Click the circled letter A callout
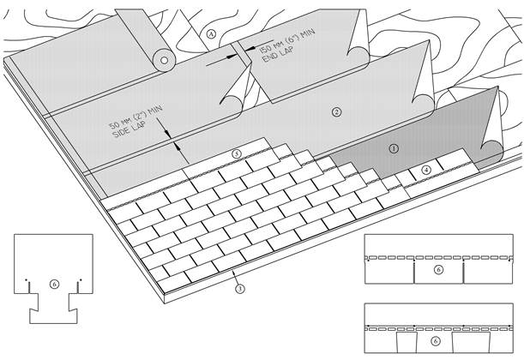click(211, 34)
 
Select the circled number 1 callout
click(394, 148)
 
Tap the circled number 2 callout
click(336, 112)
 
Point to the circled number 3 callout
click(240, 289)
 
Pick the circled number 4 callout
click(426, 170)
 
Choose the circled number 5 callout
click(237, 154)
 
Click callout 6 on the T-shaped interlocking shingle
click(54, 285)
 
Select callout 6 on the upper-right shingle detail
click(439, 269)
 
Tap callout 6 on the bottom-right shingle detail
click(435, 341)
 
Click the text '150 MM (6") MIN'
click(286, 40)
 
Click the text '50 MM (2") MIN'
click(136, 117)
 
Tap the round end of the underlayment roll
click(164, 61)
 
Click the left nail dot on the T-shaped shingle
click(26, 279)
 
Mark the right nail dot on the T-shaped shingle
click(81, 279)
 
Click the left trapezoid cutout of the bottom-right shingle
click(407, 342)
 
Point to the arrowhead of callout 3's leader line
click(233, 273)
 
